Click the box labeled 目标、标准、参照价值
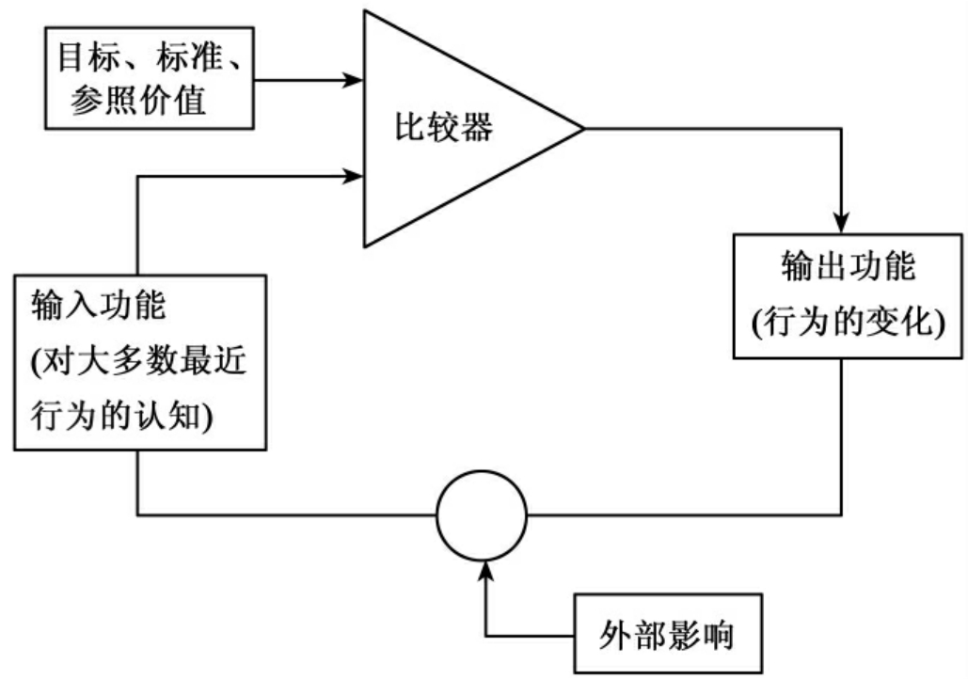coord(150,79)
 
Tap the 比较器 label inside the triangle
coord(442,128)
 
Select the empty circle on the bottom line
coord(482,515)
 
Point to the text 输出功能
coord(848,266)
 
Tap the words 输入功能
coord(98,307)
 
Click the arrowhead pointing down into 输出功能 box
coord(841,224)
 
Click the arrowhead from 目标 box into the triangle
coord(354,80)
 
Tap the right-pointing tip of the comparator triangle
coord(582,128)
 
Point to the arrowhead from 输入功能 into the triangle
coord(354,176)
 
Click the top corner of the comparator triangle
coord(367,11)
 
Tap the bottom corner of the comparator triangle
coord(367,245)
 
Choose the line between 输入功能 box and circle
coord(282,515)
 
